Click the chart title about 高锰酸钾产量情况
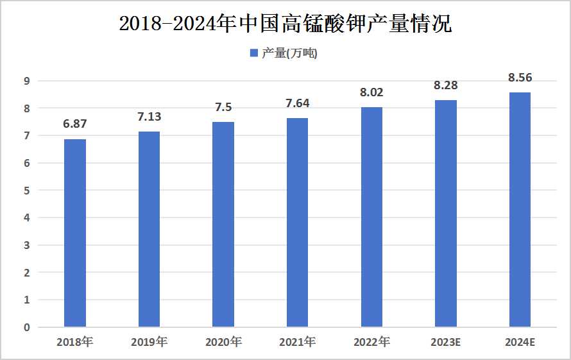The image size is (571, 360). point(285,24)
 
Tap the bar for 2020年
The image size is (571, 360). point(223,225)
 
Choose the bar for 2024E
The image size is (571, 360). point(520,210)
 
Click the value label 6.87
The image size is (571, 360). point(75,124)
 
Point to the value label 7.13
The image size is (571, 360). point(149,117)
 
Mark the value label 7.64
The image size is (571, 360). point(297,103)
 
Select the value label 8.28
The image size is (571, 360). point(446,85)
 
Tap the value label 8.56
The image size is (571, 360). point(520,78)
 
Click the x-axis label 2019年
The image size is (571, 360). point(149,342)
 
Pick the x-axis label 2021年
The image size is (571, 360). point(297,342)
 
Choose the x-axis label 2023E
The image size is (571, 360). point(446,342)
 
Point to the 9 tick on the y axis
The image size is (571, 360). point(27,81)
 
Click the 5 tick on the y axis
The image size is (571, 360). point(27,191)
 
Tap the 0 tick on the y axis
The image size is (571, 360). point(27,327)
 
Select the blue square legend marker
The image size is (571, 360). point(253,53)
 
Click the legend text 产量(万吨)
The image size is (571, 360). point(289,53)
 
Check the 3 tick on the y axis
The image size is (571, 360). point(27,245)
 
